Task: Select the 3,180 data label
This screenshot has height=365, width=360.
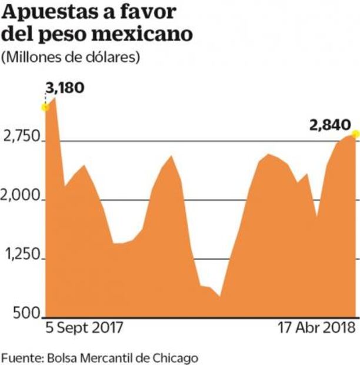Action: tap(65, 89)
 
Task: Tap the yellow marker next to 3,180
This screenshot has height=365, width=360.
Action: tap(45, 107)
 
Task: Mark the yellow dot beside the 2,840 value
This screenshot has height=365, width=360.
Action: tap(355, 135)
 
